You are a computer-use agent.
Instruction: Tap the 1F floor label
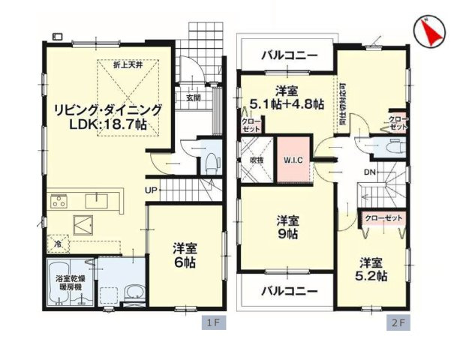(x=212, y=323)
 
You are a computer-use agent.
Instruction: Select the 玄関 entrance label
(x=193, y=97)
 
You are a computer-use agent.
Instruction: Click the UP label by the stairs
(x=151, y=190)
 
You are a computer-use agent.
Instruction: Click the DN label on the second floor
(x=370, y=172)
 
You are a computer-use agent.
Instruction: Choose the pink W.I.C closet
(x=293, y=159)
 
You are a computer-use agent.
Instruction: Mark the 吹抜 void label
(x=256, y=159)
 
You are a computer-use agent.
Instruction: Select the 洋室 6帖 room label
(x=185, y=255)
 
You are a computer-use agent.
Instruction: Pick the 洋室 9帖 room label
(x=287, y=227)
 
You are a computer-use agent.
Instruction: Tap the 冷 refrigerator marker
(x=58, y=244)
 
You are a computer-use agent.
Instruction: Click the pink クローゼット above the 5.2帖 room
(x=383, y=217)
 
